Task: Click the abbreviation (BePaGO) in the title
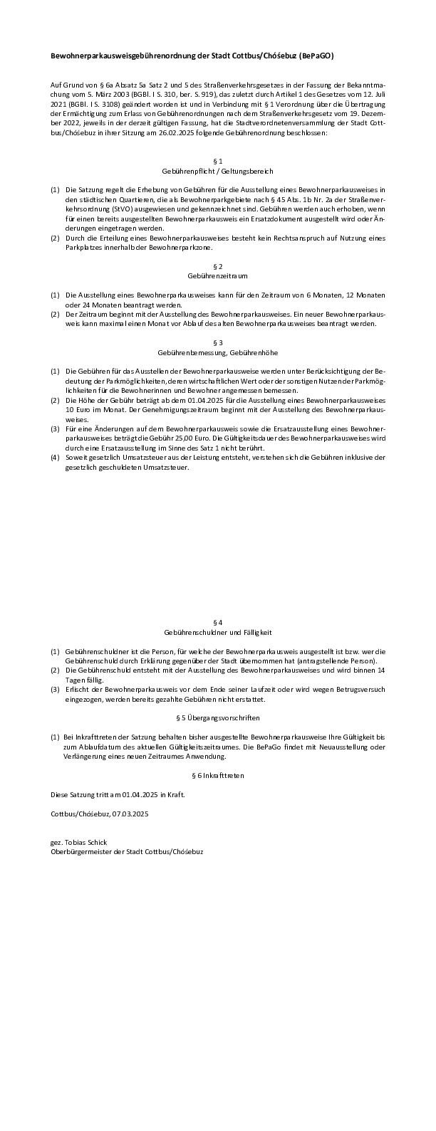click(316, 56)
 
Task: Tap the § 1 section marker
click(218, 161)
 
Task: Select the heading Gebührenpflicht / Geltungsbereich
click(218, 172)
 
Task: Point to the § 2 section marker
click(218, 265)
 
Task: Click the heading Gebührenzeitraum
click(218, 275)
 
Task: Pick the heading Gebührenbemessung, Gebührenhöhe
click(218, 352)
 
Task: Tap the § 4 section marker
click(218, 622)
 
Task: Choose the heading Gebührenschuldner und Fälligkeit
click(218, 632)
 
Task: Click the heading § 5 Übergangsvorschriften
click(218, 718)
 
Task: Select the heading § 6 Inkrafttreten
click(218, 775)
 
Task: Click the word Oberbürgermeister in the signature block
click(78, 851)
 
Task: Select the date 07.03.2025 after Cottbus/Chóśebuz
click(131, 813)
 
